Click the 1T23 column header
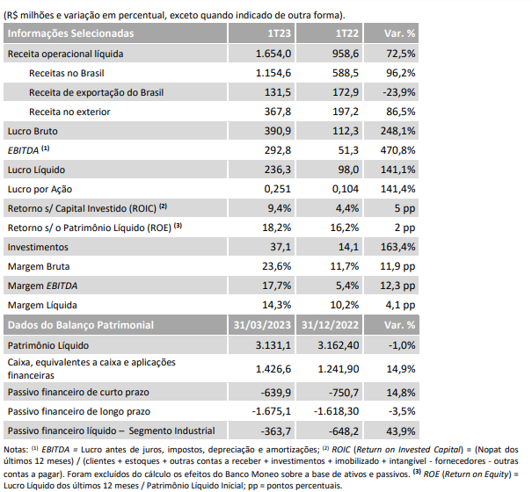279,33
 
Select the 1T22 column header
346,33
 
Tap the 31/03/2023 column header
262,325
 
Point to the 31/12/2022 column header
330,325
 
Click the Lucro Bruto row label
33,131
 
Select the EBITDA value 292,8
278,150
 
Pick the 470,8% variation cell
397,150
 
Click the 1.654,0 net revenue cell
273,54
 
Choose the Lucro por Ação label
40,189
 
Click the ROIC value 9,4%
280,208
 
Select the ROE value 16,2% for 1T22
345,228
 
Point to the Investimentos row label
38,247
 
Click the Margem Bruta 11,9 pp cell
397,266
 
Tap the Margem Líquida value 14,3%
276,305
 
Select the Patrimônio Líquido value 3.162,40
338,345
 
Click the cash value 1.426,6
273,369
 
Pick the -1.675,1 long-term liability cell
272,411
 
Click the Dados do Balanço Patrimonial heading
81,325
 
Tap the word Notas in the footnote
16,450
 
